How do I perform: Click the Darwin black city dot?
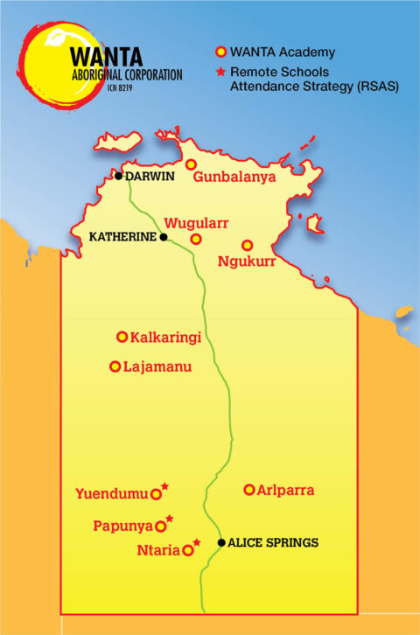coord(118,176)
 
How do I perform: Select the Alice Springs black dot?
coord(221,542)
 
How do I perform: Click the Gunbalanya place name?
coord(234,178)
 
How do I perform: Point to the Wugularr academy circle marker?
coord(196,239)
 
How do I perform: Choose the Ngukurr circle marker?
coord(248,246)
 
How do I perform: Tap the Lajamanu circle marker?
coord(115,366)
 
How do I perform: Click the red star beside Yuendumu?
coord(164,487)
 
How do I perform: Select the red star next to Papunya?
coord(170,520)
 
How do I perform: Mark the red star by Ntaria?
coord(197,543)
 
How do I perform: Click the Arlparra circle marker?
coord(249,490)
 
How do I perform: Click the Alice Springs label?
coord(273,543)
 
